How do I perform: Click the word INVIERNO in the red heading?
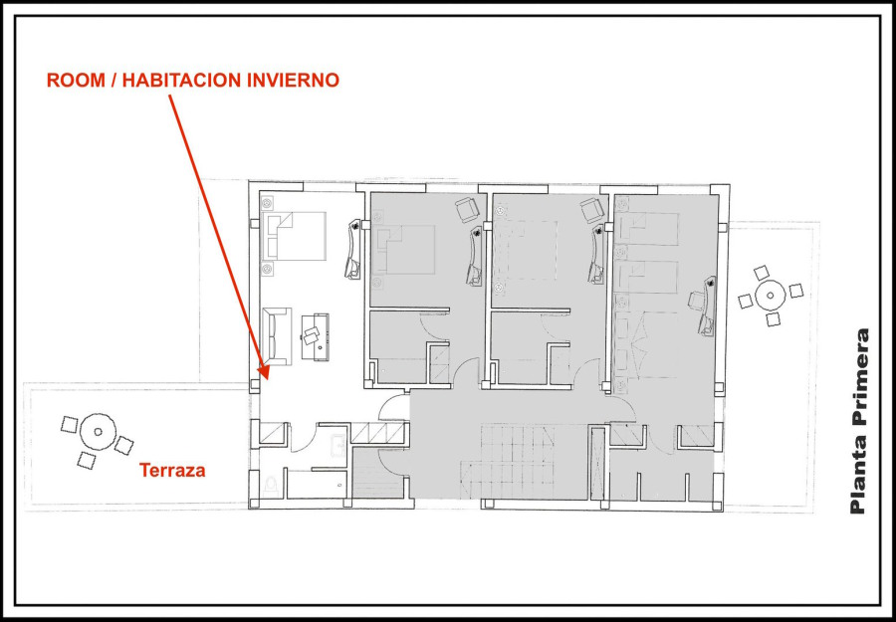(293, 81)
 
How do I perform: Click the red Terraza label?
(172, 470)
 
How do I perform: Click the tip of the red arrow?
(266, 377)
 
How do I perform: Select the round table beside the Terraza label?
(98, 432)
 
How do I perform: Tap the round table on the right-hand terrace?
(771, 296)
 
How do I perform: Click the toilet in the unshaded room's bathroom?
(273, 486)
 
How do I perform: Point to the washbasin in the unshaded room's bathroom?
(337, 446)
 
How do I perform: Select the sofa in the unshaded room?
(277, 335)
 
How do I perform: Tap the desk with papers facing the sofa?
(315, 337)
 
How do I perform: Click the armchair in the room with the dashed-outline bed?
(591, 210)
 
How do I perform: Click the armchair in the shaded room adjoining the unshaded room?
(468, 210)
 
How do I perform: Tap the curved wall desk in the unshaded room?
(354, 249)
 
